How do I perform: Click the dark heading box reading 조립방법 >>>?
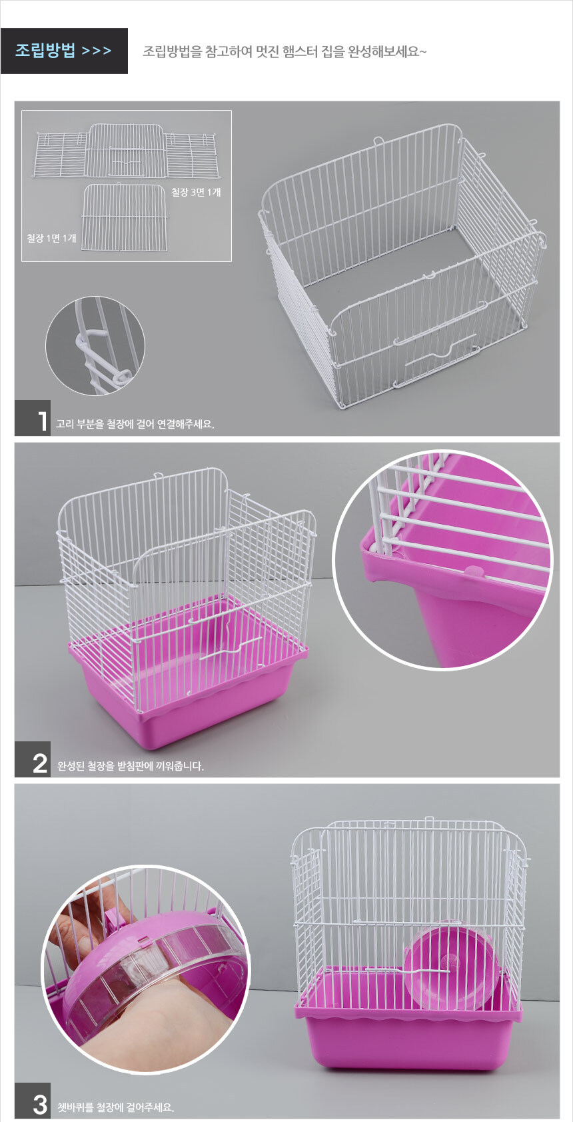point(64,51)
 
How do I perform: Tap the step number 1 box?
point(33,418)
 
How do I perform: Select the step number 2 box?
point(33,759)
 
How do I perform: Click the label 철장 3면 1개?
point(196,193)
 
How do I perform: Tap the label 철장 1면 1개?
point(51,238)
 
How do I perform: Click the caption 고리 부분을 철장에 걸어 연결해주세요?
point(135,424)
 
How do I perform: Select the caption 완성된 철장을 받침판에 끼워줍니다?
point(131,765)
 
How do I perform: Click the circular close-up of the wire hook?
point(95,345)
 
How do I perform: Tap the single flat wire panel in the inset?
point(123,217)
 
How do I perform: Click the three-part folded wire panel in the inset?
point(127,151)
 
